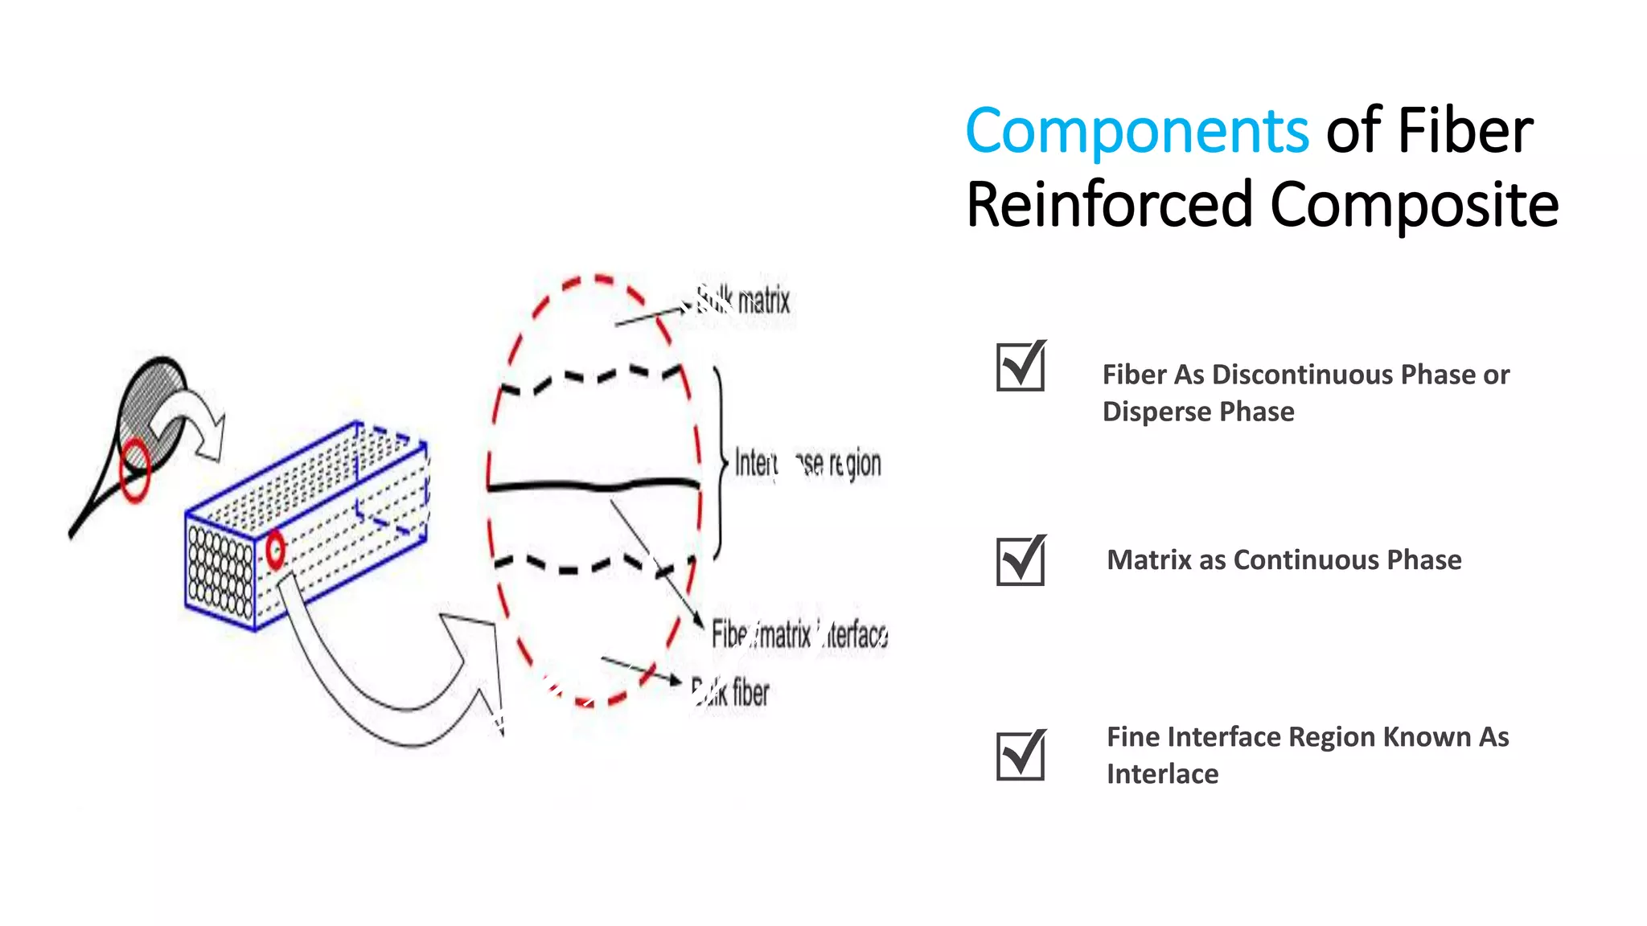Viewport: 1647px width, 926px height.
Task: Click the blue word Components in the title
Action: point(1136,131)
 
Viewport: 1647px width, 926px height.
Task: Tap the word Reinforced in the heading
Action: point(1110,205)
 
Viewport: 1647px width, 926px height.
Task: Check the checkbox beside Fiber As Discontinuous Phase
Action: point(1021,367)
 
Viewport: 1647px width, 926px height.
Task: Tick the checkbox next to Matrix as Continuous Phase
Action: point(1021,560)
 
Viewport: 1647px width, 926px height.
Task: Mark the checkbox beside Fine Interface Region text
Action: point(1021,755)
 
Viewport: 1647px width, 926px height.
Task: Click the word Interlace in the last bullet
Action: point(1162,774)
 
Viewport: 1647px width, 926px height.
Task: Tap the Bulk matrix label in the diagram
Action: point(744,301)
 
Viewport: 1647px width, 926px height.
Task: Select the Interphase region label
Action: point(807,464)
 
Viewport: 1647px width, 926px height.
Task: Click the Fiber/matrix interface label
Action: point(799,635)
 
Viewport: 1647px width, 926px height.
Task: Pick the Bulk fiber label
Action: point(731,693)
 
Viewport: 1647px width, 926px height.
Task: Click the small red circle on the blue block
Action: point(275,550)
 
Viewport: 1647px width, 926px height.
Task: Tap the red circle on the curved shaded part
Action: point(135,469)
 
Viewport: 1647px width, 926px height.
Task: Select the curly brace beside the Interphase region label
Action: point(719,463)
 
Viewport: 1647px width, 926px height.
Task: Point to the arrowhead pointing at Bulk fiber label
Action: point(675,680)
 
